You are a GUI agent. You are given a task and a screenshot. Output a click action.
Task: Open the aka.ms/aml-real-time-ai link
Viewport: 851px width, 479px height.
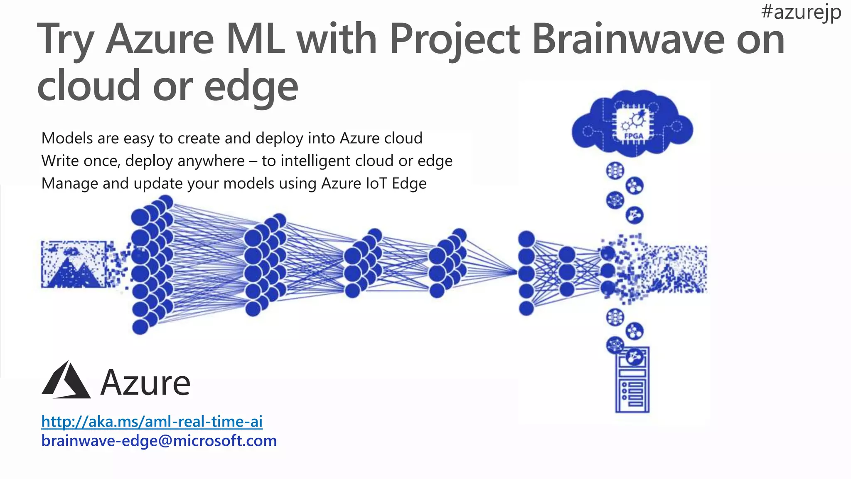pos(152,422)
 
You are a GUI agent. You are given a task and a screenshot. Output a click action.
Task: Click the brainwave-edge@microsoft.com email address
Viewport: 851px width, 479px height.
pos(159,441)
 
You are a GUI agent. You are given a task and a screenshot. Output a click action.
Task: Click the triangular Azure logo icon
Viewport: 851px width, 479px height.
pos(66,381)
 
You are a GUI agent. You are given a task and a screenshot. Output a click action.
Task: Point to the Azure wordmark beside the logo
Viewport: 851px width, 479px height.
pos(145,383)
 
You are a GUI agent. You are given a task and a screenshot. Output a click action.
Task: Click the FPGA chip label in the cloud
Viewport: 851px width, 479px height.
pos(633,136)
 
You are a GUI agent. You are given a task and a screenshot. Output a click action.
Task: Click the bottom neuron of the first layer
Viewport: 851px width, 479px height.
pos(140,327)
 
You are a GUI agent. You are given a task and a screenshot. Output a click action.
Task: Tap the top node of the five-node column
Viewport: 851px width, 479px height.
pos(526,239)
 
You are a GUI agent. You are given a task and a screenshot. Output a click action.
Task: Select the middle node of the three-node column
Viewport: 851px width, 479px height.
pos(567,272)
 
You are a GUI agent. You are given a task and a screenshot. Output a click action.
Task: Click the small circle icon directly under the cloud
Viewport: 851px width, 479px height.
pos(615,170)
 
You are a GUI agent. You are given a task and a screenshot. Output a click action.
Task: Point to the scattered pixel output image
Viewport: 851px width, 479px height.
pos(665,268)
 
